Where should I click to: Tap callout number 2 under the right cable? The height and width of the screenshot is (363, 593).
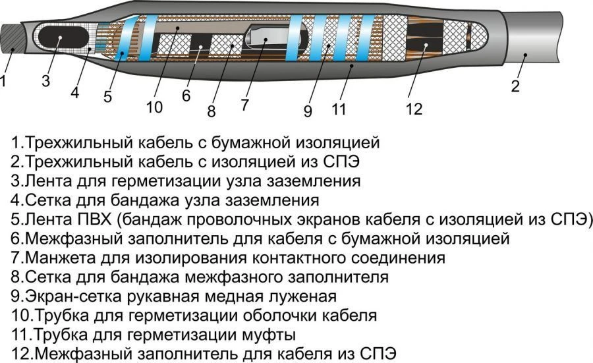(x=515, y=85)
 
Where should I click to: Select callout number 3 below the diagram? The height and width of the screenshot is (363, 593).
(x=45, y=81)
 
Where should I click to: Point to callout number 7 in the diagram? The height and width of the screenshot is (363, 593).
(x=244, y=103)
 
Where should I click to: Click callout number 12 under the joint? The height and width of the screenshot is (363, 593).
(x=414, y=109)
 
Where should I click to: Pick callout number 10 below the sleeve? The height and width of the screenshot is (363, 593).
(x=154, y=107)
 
